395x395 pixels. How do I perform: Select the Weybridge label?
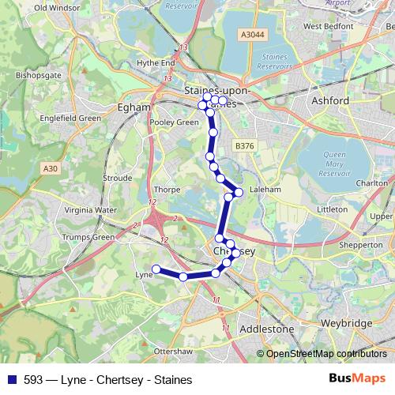click(346, 325)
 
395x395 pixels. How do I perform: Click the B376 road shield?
click(244, 146)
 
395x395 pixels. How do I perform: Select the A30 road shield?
click(51, 168)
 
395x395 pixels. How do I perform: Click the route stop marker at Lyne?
click(156, 269)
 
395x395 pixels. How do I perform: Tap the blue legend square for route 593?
click(11, 378)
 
